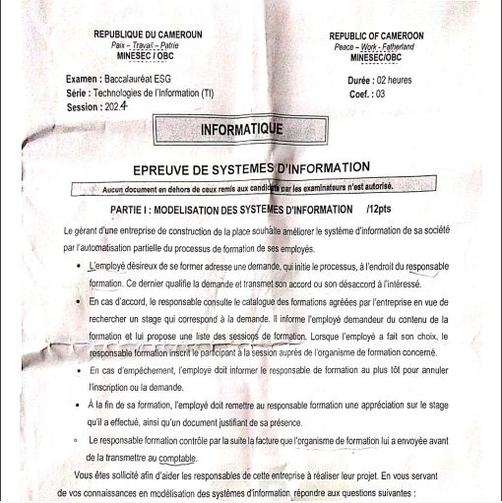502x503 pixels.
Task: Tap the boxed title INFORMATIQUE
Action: (240, 129)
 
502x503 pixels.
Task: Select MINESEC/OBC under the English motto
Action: (373, 58)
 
